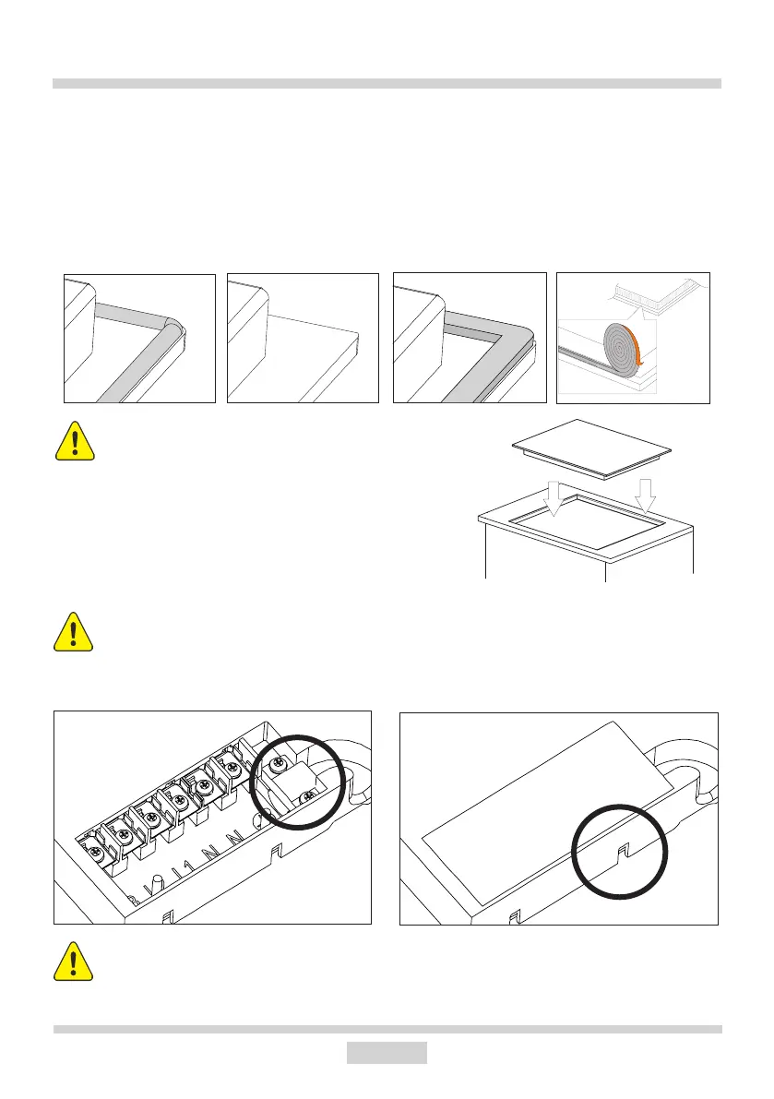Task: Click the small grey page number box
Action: tap(387, 1053)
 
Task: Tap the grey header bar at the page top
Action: tap(387, 84)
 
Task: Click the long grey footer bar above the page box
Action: tap(387, 1029)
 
